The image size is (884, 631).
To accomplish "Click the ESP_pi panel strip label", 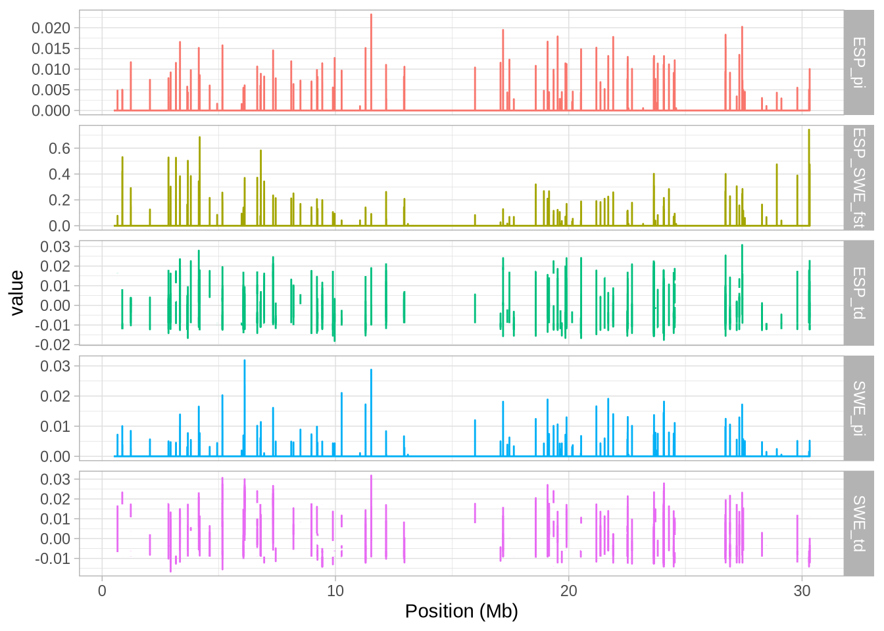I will (858, 62).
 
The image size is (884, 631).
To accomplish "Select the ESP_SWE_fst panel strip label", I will (858, 177).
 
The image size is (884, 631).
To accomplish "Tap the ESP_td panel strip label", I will (858, 292).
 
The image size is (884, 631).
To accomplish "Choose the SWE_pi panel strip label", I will (858, 408).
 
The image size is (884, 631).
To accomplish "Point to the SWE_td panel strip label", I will (858, 523).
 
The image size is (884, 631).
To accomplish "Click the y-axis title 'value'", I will (16, 292).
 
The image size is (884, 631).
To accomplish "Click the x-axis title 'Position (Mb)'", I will (461, 611).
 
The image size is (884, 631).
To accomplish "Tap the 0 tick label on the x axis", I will (102, 590).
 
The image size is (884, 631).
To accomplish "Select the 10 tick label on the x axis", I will (335, 590).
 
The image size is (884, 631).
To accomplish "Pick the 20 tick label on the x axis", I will (569, 590).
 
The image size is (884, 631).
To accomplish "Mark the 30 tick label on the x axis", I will (802, 590).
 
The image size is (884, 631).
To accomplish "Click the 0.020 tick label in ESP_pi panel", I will (51, 28).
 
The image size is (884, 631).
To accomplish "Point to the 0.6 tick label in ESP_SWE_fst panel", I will (59, 149).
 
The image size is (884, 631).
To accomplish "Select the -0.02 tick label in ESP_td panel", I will (56, 344).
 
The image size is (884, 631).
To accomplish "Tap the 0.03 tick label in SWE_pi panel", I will (56, 366).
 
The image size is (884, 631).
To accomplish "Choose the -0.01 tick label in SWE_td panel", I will (56, 559).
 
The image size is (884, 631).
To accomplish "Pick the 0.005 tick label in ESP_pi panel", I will (51, 90).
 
